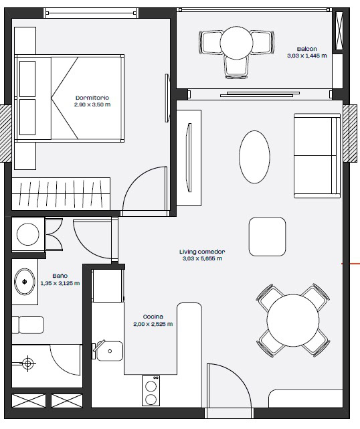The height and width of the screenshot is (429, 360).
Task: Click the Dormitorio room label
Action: (x=92, y=98)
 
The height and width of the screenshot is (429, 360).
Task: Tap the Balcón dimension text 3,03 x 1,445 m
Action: (x=307, y=56)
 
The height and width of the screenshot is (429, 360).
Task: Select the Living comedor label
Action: (x=202, y=252)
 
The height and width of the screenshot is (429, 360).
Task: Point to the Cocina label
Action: (x=153, y=317)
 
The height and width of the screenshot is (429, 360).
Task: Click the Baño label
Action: (x=60, y=276)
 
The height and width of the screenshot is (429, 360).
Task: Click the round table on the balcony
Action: (x=236, y=42)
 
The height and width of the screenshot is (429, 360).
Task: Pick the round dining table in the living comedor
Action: (x=293, y=320)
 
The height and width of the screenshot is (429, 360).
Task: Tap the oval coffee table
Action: (x=254, y=157)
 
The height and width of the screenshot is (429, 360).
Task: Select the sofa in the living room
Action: (x=317, y=156)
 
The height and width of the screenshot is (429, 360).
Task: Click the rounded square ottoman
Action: (x=267, y=237)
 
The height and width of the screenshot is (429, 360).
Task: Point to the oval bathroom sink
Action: (x=25, y=282)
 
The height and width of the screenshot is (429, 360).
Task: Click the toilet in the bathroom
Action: (x=28, y=325)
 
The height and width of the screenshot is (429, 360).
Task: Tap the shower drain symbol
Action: (x=27, y=363)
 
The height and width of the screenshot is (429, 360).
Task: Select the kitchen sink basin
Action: (x=110, y=351)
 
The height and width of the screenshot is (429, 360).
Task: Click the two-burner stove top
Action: (x=151, y=391)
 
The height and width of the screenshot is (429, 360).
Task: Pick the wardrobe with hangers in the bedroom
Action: (x=61, y=194)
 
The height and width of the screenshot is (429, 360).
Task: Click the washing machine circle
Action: (x=28, y=234)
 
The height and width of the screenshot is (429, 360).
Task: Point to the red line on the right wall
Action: (x=351, y=264)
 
